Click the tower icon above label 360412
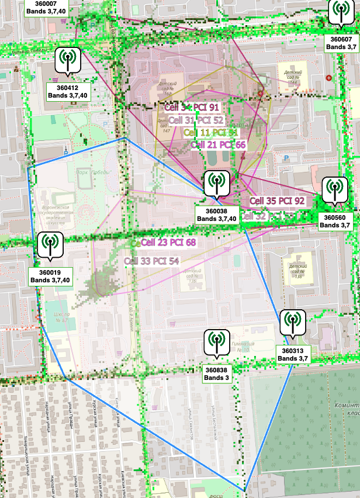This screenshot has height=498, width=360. (x=68, y=60)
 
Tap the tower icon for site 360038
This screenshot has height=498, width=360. (x=217, y=183)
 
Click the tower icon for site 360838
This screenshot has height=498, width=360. (x=217, y=342)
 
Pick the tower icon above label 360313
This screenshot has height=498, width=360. (x=292, y=322)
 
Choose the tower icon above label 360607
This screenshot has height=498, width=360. (x=341, y=11)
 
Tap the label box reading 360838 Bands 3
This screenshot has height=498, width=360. (x=217, y=373)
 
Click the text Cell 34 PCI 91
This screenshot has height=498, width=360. (x=192, y=108)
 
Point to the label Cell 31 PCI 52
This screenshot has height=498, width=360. (x=196, y=120)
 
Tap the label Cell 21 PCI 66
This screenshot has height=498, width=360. (x=218, y=144)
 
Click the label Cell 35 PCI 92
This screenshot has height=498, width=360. (x=277, y=200)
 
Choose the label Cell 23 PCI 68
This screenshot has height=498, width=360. (x=168, y=242)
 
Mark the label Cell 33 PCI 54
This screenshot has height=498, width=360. (x=151, y=261)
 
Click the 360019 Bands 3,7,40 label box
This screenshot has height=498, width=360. (x=50, y=276)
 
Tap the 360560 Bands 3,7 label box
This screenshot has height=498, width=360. (x=335, y=221)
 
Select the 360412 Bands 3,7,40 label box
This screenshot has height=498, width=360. (x=68, y=91)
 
